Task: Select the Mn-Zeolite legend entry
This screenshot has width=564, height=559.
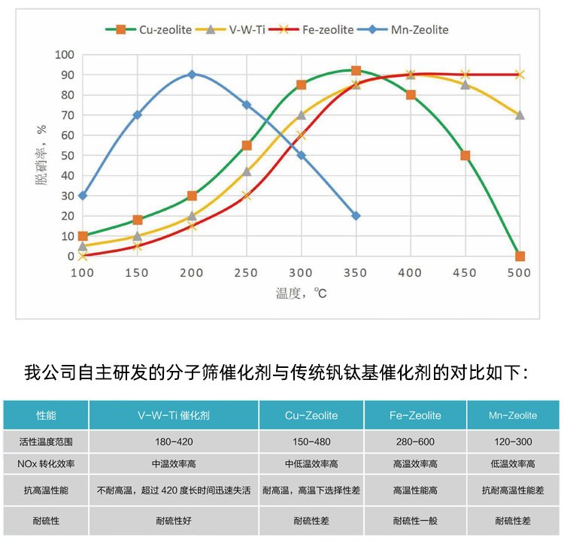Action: (413, 30)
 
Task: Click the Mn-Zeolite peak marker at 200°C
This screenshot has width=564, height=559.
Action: (192, 74)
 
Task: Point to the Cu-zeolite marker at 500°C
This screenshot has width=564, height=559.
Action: (520, 256)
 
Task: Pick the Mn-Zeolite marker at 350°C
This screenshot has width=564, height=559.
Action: (356, 216)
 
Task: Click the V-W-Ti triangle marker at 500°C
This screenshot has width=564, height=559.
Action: (520, 115)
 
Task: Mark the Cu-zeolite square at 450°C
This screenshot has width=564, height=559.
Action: (465, 156)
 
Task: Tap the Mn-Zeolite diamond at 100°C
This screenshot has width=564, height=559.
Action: (83, 196)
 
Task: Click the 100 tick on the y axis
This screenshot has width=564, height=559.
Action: (65, 55)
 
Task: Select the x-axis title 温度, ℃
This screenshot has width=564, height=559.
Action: (301, 293)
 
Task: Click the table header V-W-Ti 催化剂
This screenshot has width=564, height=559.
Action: (174, 415)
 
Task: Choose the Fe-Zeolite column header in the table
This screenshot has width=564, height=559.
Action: (415, 415)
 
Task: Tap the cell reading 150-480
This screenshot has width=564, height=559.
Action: (311, 442)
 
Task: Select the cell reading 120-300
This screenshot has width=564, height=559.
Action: (513, 442)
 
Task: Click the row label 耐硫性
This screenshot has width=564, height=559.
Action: (47, 521)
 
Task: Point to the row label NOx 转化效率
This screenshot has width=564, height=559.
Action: (47, 464)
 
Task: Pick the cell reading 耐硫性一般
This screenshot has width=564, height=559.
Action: (415, 521)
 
